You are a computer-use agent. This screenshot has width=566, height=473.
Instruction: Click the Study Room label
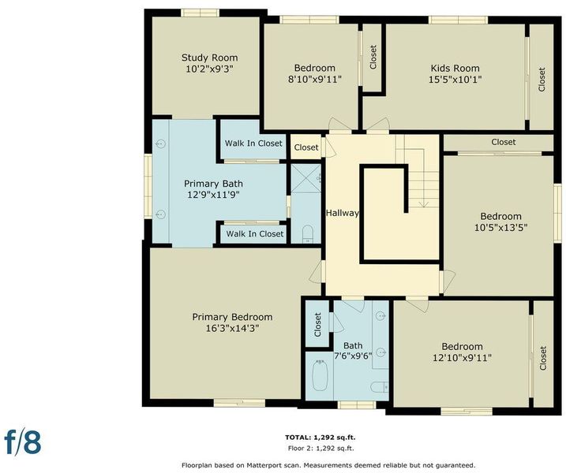(x=210, y=58)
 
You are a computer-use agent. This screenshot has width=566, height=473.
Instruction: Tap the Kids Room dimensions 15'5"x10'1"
(x=455, y=80)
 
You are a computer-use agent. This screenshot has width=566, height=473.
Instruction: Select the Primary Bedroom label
(x=232, y=317)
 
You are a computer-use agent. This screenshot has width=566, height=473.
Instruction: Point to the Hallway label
(x=342, y=213)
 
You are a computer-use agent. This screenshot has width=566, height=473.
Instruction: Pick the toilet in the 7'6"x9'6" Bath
(x=380, y=387)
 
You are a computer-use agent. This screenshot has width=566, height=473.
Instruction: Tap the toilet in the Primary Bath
(x=308, y=234)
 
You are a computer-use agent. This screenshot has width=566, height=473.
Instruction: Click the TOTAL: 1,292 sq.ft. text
(x=320, y=438)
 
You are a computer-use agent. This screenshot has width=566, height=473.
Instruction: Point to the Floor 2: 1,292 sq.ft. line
(x=321, y=449)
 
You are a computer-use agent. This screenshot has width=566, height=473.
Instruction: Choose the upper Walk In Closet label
(x=253, y=143)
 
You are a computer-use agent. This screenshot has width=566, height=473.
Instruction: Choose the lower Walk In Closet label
(x=255, y=233)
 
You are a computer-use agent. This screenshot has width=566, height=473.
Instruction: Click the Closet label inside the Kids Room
(x=542, y=80)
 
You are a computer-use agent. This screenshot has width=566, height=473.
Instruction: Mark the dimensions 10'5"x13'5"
(x=500, y=228)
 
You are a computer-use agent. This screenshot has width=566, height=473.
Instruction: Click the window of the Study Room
(x=200, y=13)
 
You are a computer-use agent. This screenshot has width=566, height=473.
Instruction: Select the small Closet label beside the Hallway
(x=306, y=147)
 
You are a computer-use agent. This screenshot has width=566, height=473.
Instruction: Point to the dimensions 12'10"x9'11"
(x=462, y=358)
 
